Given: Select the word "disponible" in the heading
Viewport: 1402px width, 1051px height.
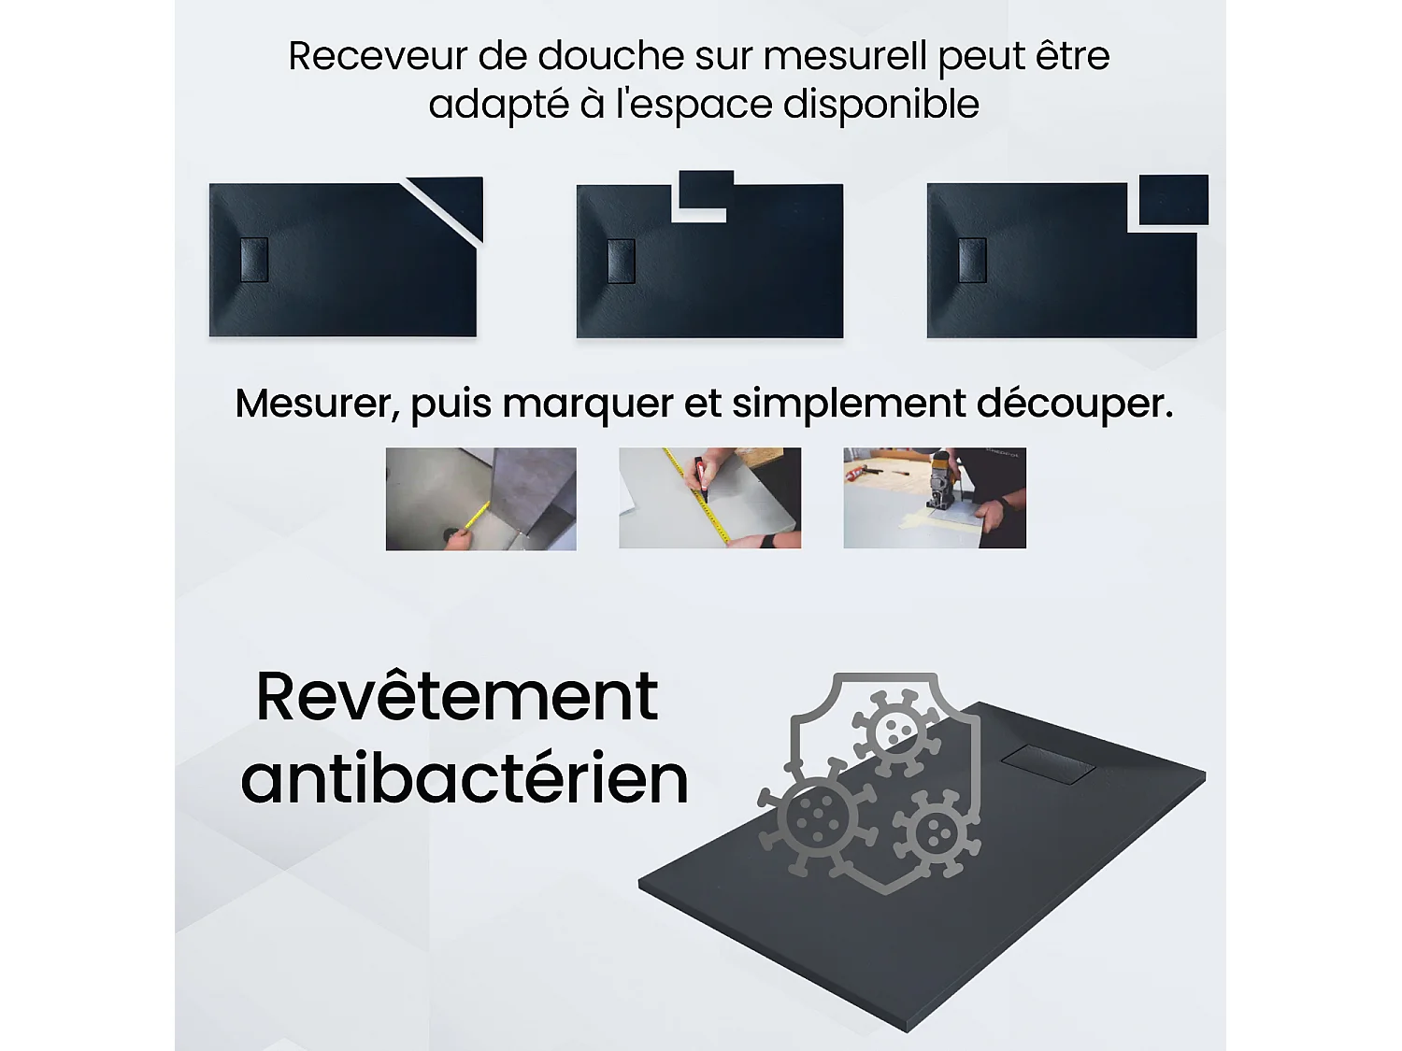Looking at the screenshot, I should pyautogui.click(x=880, y=105).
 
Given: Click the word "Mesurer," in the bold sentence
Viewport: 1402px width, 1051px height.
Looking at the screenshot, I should pyautogui.click(x=317, y=404).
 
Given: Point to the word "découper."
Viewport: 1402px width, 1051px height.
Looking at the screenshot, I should pyautogui.click(x=1074, y=404).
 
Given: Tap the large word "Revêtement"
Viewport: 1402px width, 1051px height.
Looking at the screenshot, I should pyautogui.click(x=457, y=696).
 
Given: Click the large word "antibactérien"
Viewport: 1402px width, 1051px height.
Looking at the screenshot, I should pyautogui.click(x=465, y=778).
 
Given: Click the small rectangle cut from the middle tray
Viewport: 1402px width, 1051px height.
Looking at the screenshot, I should pyautogui.click(x=706, y=190).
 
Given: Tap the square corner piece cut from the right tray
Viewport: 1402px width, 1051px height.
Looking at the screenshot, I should pyautogui.click(x=1174, y=199).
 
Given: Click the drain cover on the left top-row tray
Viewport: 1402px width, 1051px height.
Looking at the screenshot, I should pyautogui.click(x=254, y=260).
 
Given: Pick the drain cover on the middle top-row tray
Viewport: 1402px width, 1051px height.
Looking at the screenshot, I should pyautogui.click(x=622, y=261).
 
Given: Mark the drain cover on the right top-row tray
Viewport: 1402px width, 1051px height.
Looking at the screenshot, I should pyautogui.click(x=972, y=261).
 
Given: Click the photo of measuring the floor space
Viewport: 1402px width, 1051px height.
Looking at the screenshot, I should pyautogui.click(x=480, y=499).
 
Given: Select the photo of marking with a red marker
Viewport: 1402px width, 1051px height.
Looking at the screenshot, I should pyautogui.click(x=709, y=498).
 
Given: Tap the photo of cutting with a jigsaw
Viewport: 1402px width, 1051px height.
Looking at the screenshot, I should pyautogui.click(x=934, y=498).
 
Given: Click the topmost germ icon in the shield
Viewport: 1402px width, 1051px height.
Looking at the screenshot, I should pyautogui.click(x=895, y=729).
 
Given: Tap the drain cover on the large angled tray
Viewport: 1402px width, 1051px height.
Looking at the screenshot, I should pyautogui.click(x=1048, y=762).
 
